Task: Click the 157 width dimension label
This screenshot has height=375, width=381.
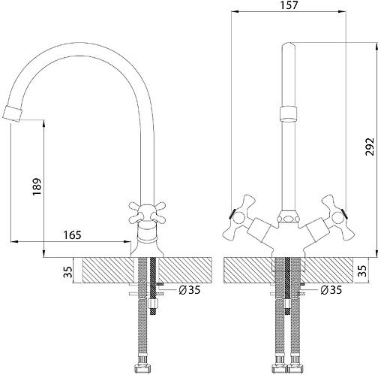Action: click(289, 5)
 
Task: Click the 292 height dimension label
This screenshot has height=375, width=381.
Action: click(370, 147)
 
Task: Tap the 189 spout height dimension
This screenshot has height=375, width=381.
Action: click(37, 187)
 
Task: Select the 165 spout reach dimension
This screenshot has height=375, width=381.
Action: click(72, 235)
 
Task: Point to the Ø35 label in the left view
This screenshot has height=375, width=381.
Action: click(190, 290)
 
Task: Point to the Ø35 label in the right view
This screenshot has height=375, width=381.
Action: click(331, 290)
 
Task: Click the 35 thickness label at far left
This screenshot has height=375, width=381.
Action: click(68, 272)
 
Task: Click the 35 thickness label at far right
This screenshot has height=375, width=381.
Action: click(362, 271)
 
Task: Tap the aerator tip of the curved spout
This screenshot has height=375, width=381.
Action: click(13, 114)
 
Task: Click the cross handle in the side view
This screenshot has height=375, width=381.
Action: click(147, 213)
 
